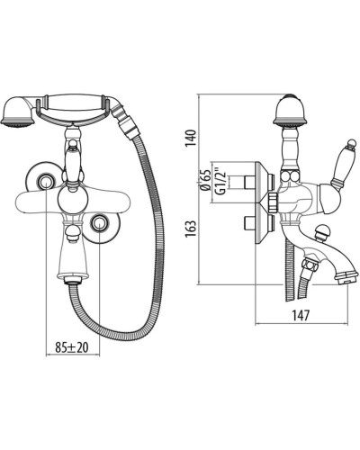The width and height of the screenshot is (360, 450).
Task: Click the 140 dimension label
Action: tap(190, 138)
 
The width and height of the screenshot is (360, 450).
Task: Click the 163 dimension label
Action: tap(190, 229)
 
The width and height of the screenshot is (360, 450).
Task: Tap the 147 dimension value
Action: tap(300, 315)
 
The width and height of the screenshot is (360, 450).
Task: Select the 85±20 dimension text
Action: tap(72, 347)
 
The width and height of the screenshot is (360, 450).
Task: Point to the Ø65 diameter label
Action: tap(205, 181)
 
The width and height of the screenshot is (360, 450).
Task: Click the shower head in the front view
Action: tap(18, 112)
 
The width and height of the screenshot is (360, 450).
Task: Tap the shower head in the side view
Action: tap(291, 110)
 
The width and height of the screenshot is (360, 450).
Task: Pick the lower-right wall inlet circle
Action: tap(99, 222)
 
